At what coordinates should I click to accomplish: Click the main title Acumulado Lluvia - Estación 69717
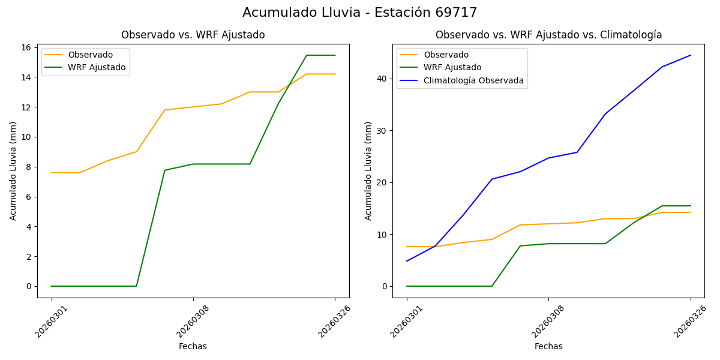(360, 13)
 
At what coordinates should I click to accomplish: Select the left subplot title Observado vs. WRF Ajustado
(193, 35)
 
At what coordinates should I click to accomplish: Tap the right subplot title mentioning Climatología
(548, 35)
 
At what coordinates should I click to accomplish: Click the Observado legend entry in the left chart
(90, 55)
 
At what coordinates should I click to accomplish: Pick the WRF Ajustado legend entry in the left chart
(97, 67)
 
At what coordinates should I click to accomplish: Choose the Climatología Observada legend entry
(473, 80)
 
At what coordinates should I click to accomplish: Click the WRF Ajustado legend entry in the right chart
(452, 67)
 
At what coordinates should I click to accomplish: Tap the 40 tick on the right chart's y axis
(381, 79)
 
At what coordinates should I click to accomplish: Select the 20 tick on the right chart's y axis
(381, 182)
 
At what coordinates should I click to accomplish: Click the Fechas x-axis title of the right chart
(548, 346)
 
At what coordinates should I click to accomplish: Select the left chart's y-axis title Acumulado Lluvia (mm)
(13, 171)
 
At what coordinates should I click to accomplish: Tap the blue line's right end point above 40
(691, 55)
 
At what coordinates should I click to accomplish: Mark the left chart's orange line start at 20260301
(52, 173)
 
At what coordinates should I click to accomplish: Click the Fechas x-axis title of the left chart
(193, 346)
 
